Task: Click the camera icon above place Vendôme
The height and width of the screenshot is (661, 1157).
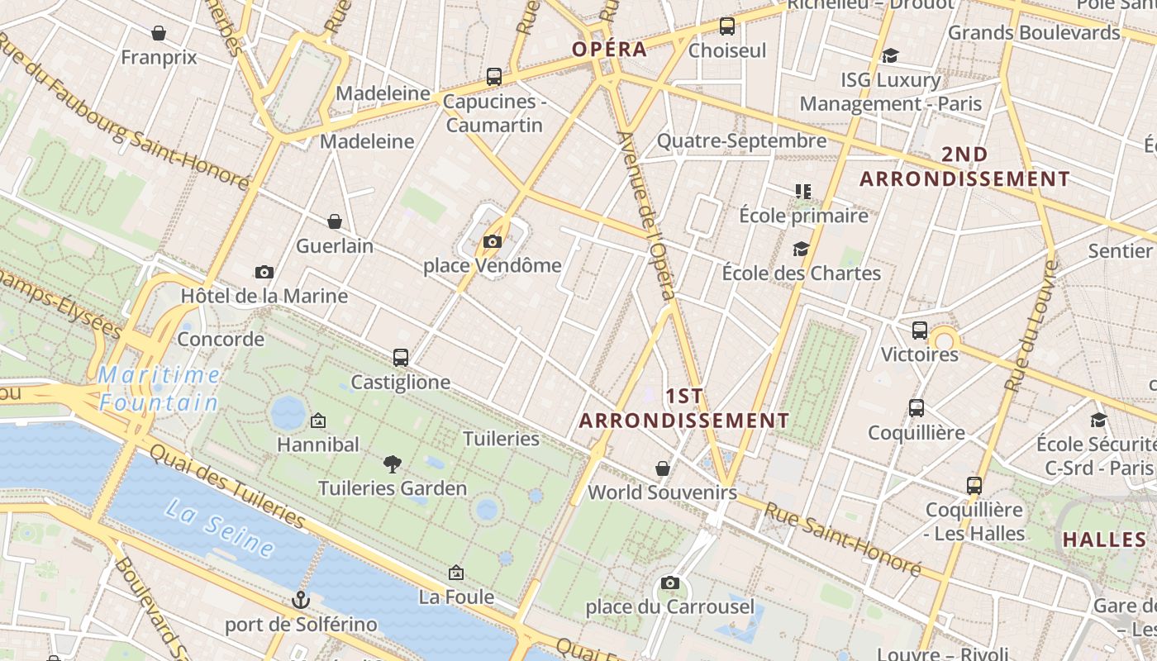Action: [493, 242]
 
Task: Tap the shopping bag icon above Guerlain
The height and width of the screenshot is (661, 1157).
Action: [335, 221]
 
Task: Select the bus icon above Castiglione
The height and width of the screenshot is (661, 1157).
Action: [401, 358]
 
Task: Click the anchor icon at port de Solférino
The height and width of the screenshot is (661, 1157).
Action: [301, 600]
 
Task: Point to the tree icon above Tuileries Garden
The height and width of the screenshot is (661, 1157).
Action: [393, 464]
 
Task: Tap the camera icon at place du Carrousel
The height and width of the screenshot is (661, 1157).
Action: [670, 583]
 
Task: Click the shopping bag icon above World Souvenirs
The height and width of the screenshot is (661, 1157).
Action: [662, 468]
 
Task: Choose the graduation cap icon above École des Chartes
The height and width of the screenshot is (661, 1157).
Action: [801, 249]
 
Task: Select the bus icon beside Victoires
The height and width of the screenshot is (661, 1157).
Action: [920, 330]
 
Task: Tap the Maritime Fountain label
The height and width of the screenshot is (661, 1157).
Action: [159, 388]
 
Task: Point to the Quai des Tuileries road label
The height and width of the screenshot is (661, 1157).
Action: [228, 487]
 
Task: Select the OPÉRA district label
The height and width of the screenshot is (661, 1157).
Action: [610, 49]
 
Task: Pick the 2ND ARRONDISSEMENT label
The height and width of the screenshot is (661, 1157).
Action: [964, 167]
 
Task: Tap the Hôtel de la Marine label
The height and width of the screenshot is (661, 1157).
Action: [264, 296]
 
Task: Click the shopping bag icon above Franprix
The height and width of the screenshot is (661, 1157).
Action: [159, 33]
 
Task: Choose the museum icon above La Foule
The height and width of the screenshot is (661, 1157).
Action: [455, 573]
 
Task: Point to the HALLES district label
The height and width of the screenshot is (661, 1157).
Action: [1105, 540]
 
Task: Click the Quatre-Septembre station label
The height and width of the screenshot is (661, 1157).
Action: [741, 141]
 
